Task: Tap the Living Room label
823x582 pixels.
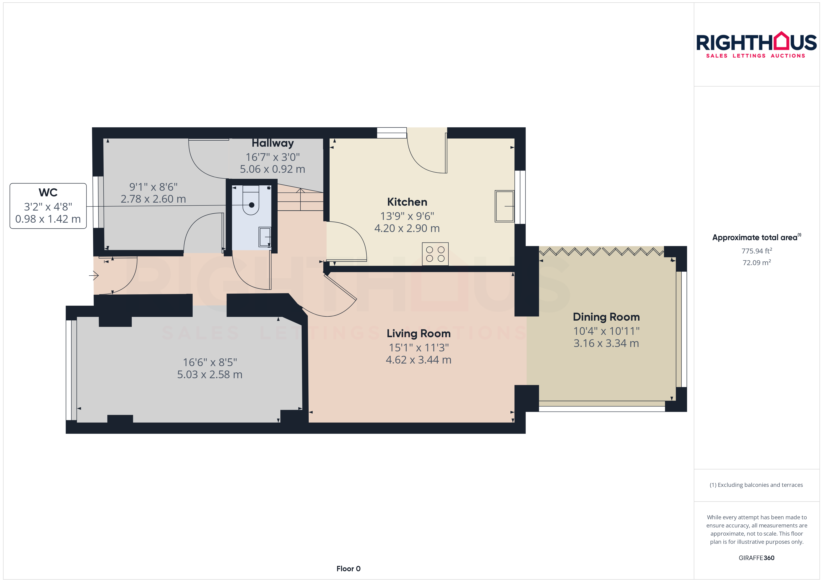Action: pos(418,334)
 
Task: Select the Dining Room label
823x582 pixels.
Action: pos(606,317)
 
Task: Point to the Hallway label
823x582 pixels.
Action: pos(272,143)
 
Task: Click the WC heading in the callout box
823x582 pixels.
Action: pos(48,192)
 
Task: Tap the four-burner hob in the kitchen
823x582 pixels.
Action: pos(435,254)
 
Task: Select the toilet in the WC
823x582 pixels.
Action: pos(251,200)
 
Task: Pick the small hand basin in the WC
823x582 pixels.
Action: pos(265,237)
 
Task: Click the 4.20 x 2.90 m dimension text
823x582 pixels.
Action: pos(407,228)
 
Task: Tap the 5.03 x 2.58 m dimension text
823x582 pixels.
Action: pos(210,374)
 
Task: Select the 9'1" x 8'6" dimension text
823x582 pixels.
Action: pos(153,187)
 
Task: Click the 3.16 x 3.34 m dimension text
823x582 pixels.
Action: pos(606,343)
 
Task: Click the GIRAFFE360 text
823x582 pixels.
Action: pos(756,558)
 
